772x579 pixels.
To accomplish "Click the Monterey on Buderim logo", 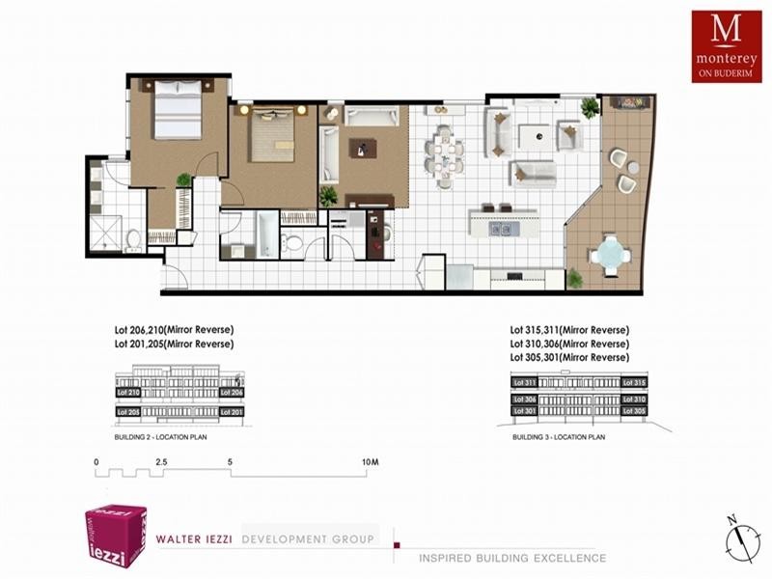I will pos(725,45).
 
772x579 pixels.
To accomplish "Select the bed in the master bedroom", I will pos(176,109).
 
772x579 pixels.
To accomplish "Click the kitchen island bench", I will pos(502,225).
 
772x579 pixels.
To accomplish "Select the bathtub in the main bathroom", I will pos(263,234).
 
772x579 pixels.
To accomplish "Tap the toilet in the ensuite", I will pos(134,237).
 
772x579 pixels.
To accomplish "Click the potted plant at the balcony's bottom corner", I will pos(575,279).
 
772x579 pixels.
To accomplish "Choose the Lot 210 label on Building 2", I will pos(127,393).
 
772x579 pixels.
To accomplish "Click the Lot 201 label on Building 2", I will pos(232,411).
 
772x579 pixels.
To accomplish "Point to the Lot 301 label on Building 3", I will pos(524,412).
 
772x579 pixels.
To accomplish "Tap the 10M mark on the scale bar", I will pos(371,462).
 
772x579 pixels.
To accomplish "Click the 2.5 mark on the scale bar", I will pos(161,462).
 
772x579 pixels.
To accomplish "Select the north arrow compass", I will pos(738,538).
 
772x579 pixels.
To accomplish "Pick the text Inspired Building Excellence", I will pos(512,558).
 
